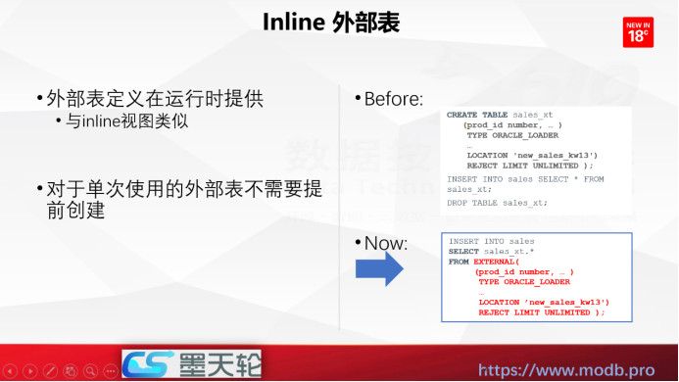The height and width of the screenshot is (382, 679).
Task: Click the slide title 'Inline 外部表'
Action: pyautogui.click(x=330, y=24)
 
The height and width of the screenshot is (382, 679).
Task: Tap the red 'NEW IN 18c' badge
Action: pyautogui.click(x=638, y=31)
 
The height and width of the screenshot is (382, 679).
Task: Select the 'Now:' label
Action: pyautogui.click(x=384, y=243)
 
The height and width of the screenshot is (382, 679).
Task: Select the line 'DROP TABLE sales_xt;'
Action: pyautogui.click(x=497, y=203)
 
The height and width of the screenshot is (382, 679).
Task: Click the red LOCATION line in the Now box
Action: pyautogui.click(x=544, y=302)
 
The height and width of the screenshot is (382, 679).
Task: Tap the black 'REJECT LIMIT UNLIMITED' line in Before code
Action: pyautogui.click(x=530, y=166)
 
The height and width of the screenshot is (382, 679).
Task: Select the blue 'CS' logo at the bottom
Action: pyautogui.click(x=146, y=365)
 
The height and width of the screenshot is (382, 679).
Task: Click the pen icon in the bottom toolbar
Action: pyautogui.click(x=70, y=372)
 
